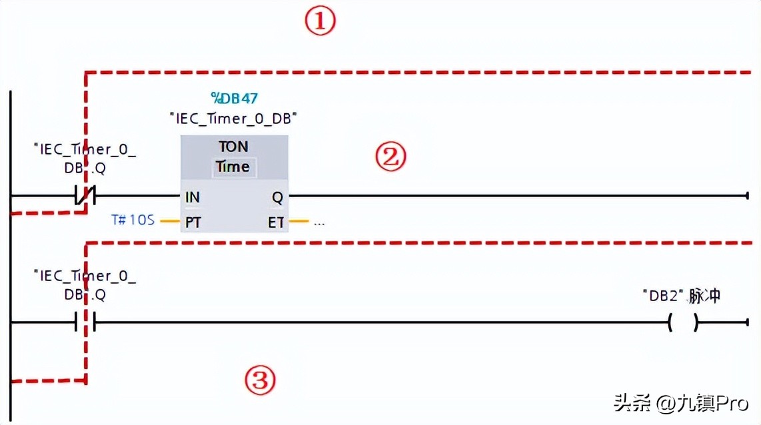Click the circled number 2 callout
(390, 158)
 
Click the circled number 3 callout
(259, 381)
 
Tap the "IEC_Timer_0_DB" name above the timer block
(233, 119)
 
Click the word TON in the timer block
(233, 147)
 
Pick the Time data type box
(233, 167)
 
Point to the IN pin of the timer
(193, 197)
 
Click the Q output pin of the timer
(277, 197)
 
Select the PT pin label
(193, 222)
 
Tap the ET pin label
(276, 222)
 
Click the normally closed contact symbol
(86, 196)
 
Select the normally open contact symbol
(86, 323)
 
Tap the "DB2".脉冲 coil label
(681, 296)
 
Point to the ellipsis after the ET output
(319, 222)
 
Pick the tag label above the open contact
(85, 284)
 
